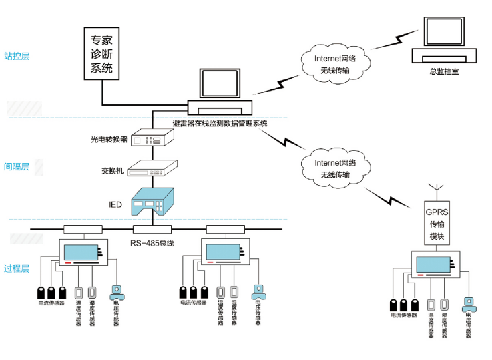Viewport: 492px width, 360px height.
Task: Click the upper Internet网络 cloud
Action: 335,64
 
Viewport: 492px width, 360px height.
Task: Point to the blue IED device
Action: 153,201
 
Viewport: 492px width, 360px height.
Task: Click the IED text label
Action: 115,204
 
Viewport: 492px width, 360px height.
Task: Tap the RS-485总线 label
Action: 152,243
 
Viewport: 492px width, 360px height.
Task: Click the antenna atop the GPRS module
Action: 435,190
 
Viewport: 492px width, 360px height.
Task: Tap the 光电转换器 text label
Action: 109,140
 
